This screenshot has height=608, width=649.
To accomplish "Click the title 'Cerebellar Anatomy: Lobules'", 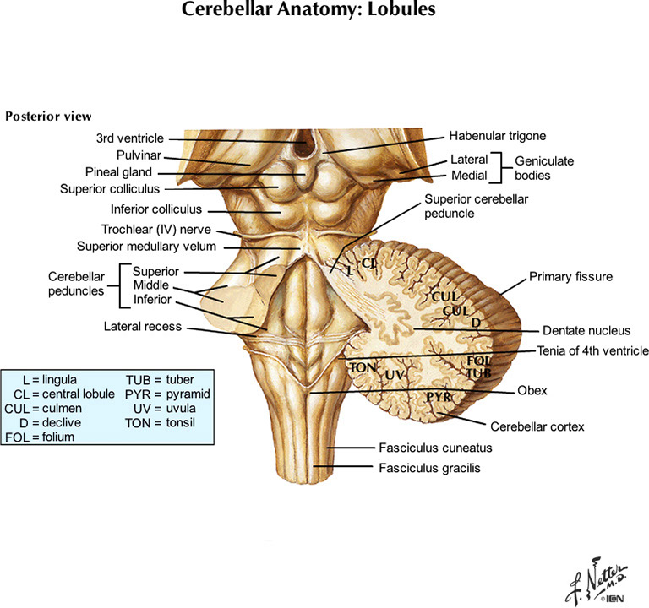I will (324, 13).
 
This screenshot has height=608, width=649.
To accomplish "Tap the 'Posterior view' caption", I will (49, 116).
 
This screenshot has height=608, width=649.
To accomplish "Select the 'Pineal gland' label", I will (117, 172).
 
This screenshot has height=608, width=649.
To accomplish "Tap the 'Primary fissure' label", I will (570, 276).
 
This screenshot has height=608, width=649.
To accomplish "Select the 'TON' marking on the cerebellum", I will (362, 367).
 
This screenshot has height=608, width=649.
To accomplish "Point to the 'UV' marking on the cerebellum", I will (393, 374).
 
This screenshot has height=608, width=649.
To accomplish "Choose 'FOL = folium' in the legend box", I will (40, 437).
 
